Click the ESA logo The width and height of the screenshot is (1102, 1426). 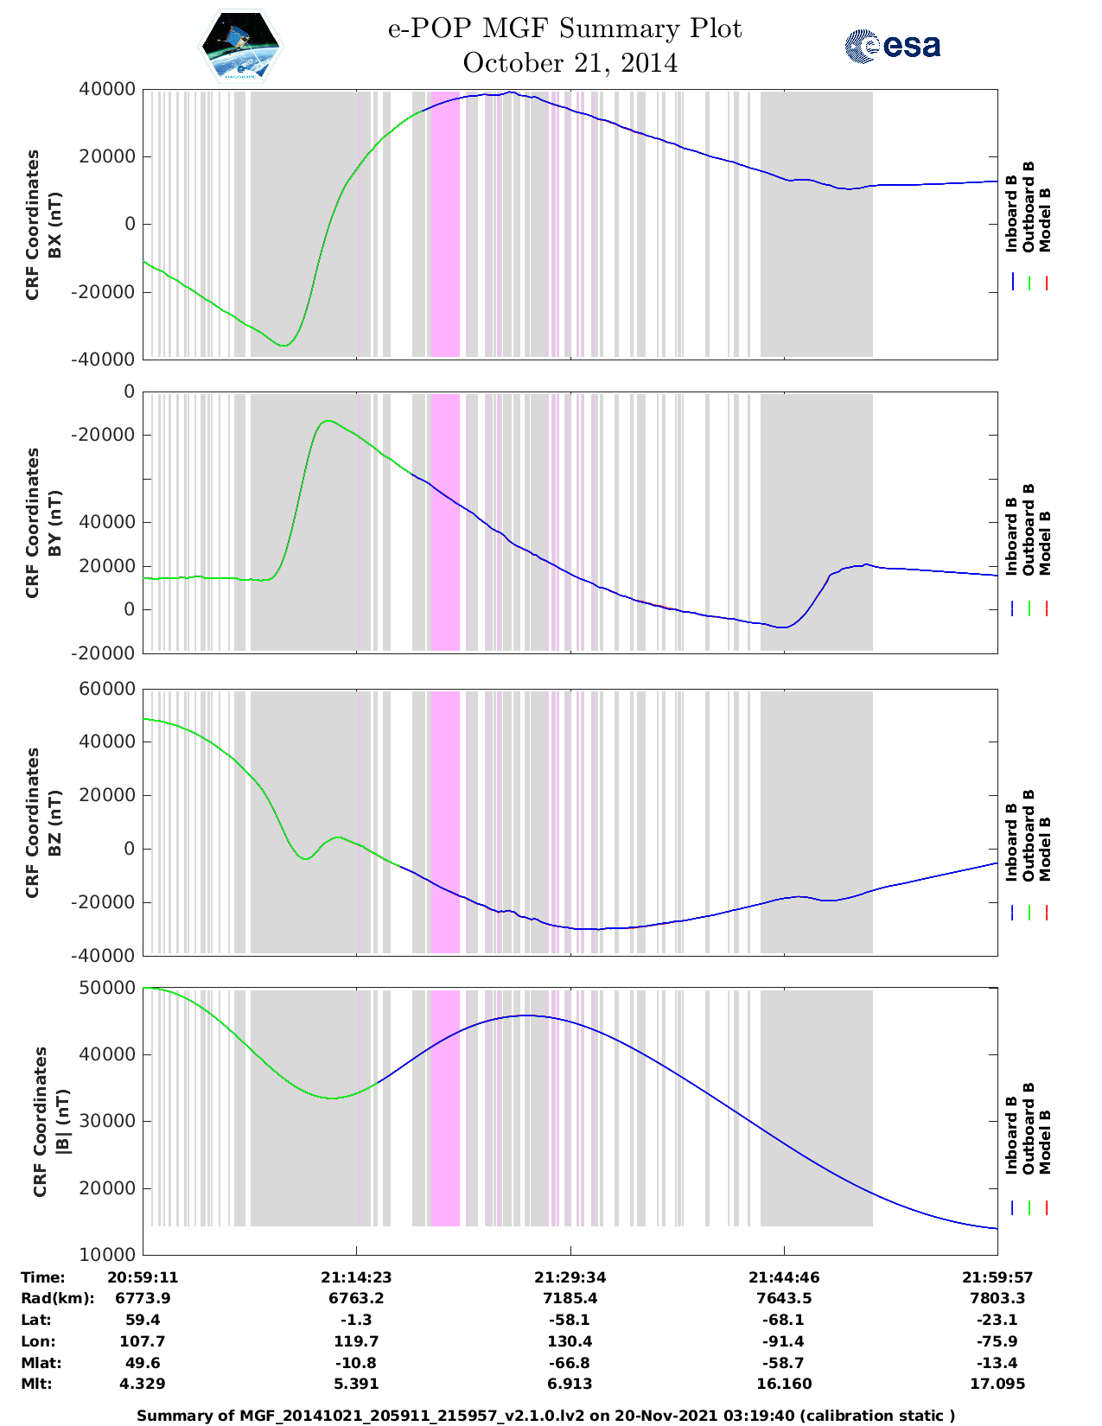tap(893, 46)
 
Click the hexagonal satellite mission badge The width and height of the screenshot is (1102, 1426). tap(241, 45)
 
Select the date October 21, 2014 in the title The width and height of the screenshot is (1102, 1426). tap(570, 63)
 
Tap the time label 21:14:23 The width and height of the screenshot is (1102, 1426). tap(356, 1276)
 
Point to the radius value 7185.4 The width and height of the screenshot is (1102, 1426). tap(570, 1298)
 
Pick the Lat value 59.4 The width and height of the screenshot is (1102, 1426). tap(143, 1320)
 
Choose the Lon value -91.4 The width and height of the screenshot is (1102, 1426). tap(784, 1341)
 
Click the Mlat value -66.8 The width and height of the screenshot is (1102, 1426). tap(570, 1363)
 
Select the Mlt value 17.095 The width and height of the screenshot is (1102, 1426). tap(997, 1384)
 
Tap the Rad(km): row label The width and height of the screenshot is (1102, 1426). tap(58, 1298)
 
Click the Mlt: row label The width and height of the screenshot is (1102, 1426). tap(36, 1384)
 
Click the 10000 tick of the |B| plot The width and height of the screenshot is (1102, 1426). tap(113, 1254)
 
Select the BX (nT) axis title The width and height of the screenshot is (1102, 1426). tap(54, 225)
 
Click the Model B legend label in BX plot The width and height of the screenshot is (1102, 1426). tap(1045, 220)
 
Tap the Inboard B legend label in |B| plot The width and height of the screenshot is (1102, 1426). tap(1011, 1135)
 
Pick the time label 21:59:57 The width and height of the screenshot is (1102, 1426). tap(997, 1276)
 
